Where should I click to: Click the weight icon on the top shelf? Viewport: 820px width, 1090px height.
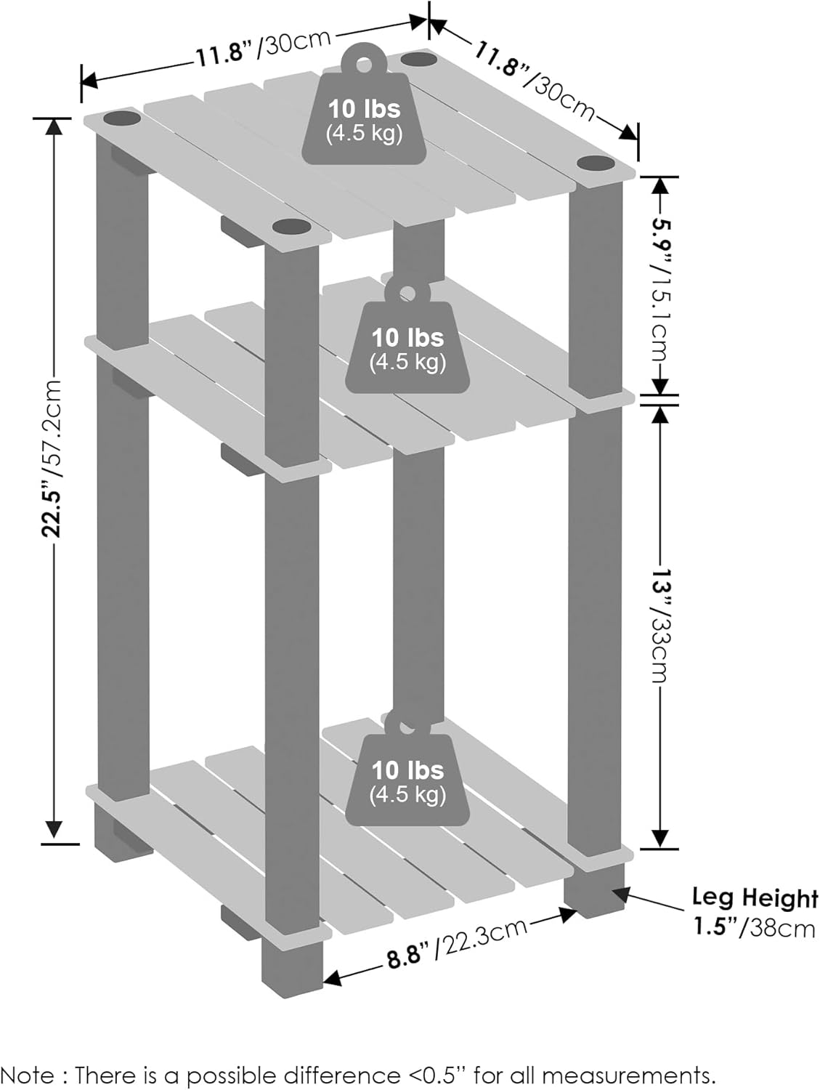pyautogui.click(x=364, y=109)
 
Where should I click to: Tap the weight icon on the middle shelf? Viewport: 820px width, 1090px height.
pyautogui.click(x=407, y=342)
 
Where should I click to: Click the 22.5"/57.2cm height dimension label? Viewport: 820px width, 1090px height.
pyautogui.click(x=52, y=458)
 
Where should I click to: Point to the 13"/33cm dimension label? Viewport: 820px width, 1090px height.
pyautogui.click(x=659, y=625)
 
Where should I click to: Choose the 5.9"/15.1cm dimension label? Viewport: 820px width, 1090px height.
pyautogui.click(x=659, y=287)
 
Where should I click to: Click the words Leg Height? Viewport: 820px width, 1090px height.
pyautogui.click(x=754, y=897)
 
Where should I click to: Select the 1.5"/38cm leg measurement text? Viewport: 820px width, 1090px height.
pyautogui.click(x=754, y=928)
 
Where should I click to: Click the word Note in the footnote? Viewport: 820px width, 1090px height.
pyautogui.click(x=28, y=1075)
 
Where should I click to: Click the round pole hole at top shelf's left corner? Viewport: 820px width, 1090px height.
pyautogui.click(x=122, y=117)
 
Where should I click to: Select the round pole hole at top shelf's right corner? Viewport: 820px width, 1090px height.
pyautogui.click(x=596, y=163)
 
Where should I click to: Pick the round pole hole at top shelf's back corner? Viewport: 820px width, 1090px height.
pyautogui.click(x=418, y=58)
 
